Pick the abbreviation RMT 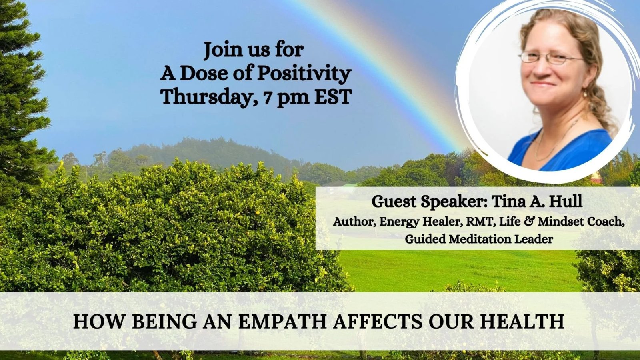480,222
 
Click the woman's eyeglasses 550,58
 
